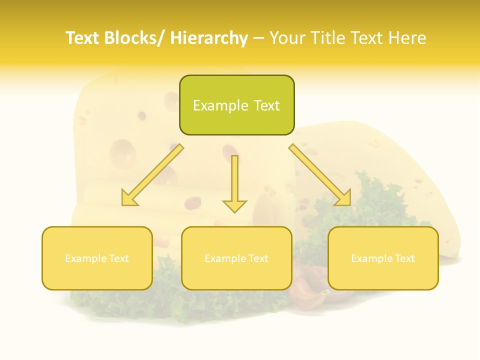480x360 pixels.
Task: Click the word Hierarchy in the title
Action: (x=208, y=38)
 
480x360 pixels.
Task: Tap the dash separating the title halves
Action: (x=258, y=38)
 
